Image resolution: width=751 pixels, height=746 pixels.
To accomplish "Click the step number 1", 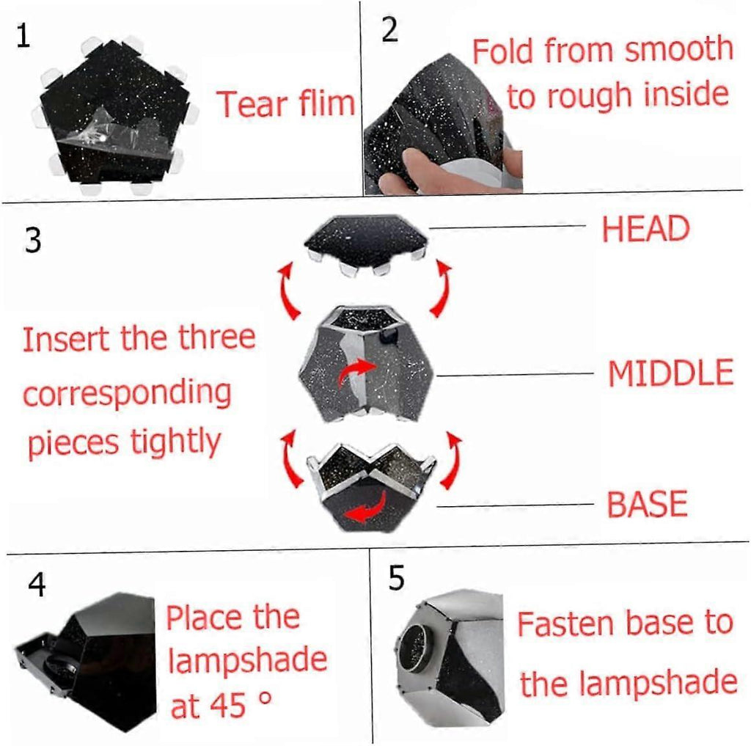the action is click(23, 36).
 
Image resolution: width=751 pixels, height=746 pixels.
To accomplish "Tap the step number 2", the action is click(390, 29).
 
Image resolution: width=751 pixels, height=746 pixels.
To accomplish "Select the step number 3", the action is click(32, 240).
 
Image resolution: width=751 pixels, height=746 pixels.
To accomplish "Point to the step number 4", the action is click(37, 585).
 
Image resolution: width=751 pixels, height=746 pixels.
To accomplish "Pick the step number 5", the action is click(396, 578).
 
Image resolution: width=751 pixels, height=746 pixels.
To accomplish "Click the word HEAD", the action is click(645, 229).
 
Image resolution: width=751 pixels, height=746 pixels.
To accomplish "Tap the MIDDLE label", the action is click(670, 373).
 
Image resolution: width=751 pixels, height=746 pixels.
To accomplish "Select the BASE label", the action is click(647, 503).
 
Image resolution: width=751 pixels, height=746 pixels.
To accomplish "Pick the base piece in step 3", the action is click(372, 488).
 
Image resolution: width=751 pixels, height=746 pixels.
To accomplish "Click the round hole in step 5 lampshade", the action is click(417, 647).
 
